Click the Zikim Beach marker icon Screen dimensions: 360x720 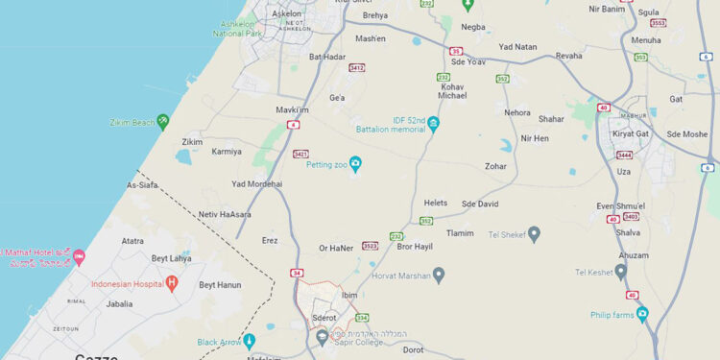[163, 121]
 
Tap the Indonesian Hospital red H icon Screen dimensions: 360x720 [172, 282]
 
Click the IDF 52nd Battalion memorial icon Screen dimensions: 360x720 [434, 124]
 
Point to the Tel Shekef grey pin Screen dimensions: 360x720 [535, 233]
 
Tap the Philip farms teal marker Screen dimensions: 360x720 [642, 313]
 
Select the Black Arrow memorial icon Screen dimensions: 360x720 [250, 341]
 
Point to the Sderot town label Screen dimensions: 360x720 [325, 317]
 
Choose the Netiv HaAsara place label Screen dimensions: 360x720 [225, 214]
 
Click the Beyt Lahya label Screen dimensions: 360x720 [172, 258]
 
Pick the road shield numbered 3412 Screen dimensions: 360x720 [357, 68]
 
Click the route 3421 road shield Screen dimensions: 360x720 [301, 154]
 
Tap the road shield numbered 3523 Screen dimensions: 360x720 [370, 246]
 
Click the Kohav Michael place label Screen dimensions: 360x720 [452, 91]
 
